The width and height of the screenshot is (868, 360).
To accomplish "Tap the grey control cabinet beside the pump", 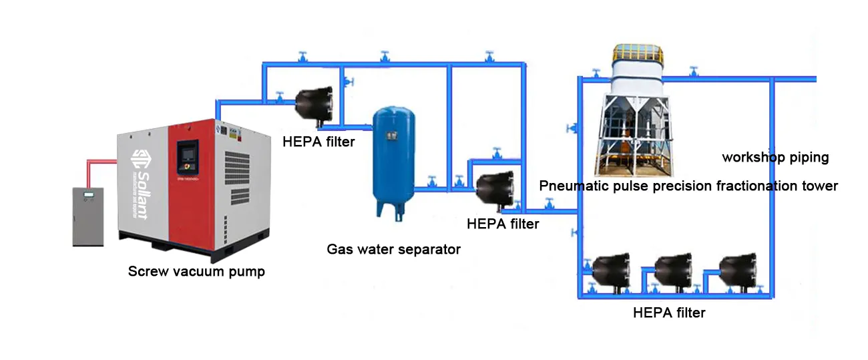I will (x=87, y=215).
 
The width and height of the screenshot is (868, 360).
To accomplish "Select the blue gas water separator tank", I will (x=393, y=157).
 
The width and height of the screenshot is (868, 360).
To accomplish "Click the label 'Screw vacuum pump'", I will (x=196, y=271).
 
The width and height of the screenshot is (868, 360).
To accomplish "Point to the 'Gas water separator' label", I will (x=393, y=249).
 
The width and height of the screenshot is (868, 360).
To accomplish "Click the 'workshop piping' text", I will (x=775, y=158).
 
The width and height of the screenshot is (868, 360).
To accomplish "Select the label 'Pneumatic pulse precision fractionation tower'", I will (x=688, y=186).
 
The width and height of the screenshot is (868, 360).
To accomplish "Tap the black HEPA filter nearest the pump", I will (x=313, y=104).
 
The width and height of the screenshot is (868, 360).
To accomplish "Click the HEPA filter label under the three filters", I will (x=668, y=312).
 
